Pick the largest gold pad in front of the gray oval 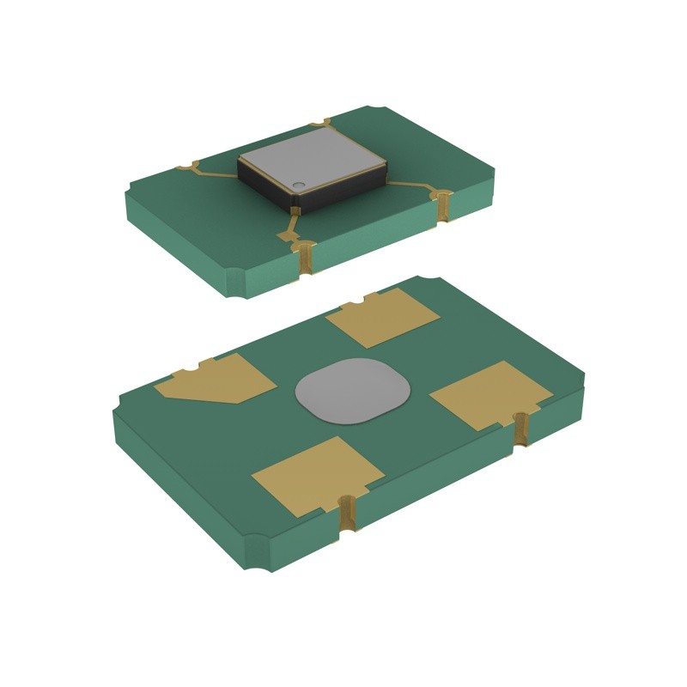(317, 475)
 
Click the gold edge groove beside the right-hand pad (520, 429)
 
